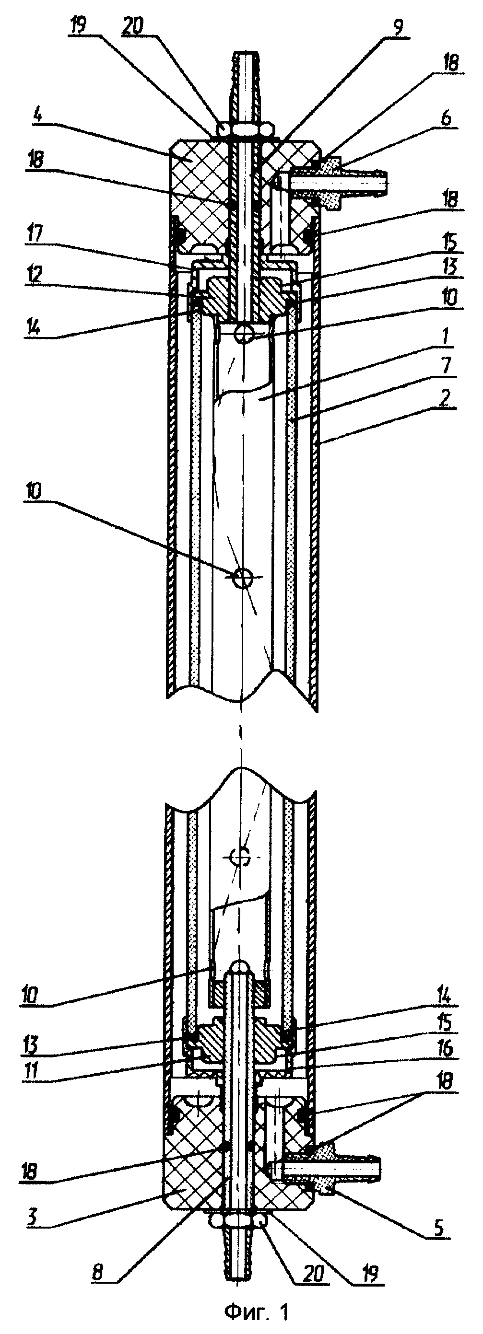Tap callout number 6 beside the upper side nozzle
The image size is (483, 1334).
pos(445,118)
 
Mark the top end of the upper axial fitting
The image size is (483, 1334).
pos(246,52)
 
